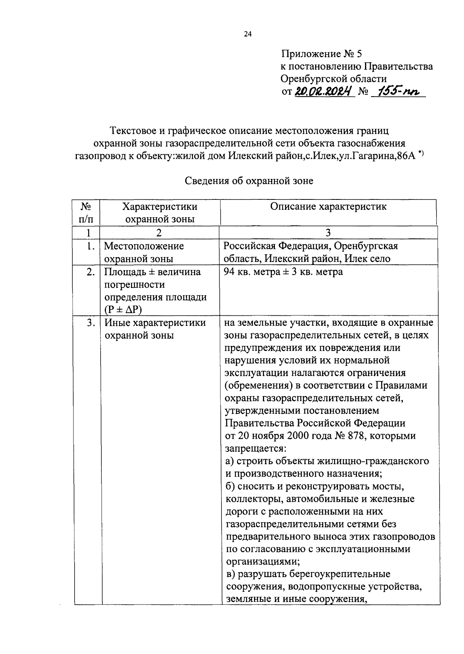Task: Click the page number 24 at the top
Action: pos(247,34)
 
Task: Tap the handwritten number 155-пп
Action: pos(396,92)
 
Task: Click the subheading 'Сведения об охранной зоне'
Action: pos(249,181)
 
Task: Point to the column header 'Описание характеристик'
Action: pos(328,207)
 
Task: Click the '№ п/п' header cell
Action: pos(86,213)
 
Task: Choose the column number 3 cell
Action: pos(328,233)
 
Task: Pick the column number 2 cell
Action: pos(159,233)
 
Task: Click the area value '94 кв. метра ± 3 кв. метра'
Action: pos(283,272)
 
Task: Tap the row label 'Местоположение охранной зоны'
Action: pos(144,252)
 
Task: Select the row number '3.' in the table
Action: pos(91,323)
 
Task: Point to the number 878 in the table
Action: pos(359,436)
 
